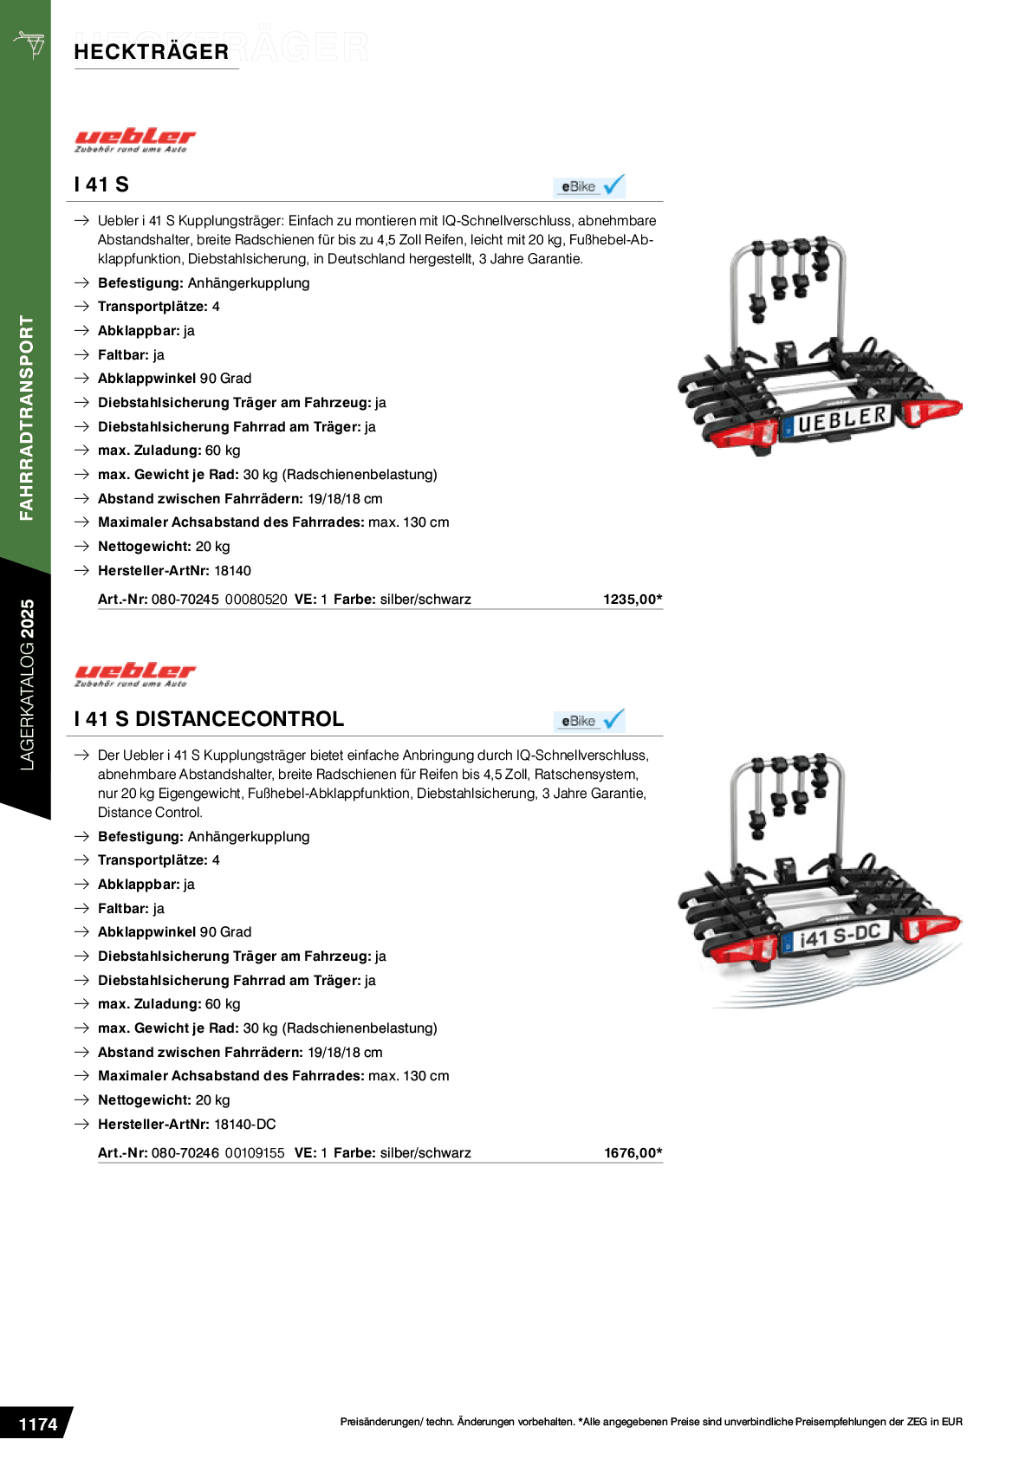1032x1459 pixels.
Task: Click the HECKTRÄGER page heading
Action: click(x=151, y=51)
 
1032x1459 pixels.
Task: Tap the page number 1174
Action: click(x=38, y=1424)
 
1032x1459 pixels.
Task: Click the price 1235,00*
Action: click(x=633, y=600)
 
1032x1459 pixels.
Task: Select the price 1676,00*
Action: click(x=633, y=1153)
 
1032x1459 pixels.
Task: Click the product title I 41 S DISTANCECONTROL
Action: click(x=209, y=719)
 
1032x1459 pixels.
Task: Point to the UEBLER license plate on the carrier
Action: click(x=840, y=420)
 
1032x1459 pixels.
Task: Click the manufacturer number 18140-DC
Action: click(x=245, y=1125)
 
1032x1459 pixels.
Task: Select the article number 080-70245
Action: click(x=185, y=600)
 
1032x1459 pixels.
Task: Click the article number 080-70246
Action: click(x=185, y=1153)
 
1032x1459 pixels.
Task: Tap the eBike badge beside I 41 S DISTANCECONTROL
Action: click(x=589, y=720)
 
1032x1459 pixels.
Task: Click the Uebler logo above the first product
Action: click(x=135, y=140)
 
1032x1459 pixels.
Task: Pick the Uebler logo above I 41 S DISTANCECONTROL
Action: click(x=135, y=674)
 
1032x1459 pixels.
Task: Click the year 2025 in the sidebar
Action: click(x=28, y=618)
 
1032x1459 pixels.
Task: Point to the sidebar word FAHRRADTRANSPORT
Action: click(x=27, y=418)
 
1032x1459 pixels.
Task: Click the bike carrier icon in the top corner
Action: click(x=30, y=44)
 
